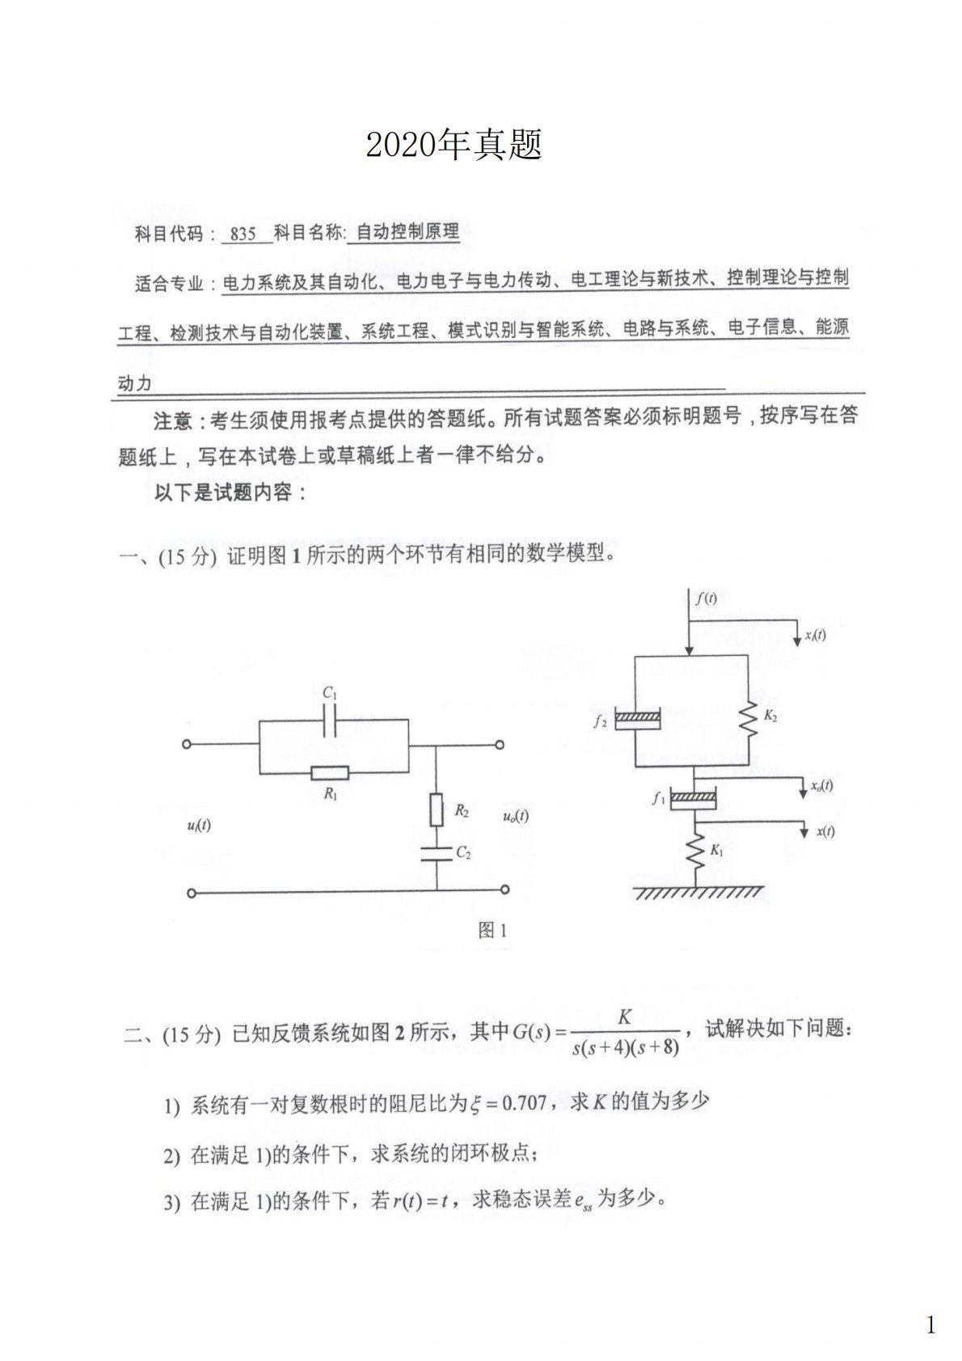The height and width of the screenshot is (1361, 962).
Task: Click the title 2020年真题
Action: [x=454, y=145]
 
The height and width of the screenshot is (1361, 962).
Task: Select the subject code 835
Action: [x=243, y=235]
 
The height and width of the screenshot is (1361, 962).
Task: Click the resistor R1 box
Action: [x=330, y=772]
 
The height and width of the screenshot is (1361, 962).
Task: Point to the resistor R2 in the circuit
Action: [x=437, y=809]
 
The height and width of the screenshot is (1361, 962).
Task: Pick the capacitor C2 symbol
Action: [x=437, y=853]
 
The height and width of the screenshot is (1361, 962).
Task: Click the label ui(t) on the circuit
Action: [x=199, y=825]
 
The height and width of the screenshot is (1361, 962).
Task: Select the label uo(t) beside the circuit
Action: [x=516, y=815]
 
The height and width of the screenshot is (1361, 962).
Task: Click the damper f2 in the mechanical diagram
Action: [x=637, y=719]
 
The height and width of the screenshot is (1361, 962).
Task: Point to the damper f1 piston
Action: [x=694, y=800]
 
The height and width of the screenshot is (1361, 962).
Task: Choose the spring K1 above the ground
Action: [x=694, y=851]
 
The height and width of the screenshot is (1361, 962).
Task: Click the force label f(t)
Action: [x=706, y=598]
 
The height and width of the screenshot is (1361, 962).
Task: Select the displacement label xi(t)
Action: [x=815, y=635]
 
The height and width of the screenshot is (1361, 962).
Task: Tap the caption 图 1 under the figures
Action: [x=492, y=930]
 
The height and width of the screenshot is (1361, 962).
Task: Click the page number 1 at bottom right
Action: [x=930, y=1325]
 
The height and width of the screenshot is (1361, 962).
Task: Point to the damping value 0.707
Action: [x=524, y=1102]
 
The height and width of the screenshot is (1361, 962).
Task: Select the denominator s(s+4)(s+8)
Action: [x=625, y=1048]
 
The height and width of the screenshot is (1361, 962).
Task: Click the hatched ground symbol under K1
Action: [x=697, y=892]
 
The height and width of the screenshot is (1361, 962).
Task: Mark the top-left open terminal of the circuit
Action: [x=187, y=744]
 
